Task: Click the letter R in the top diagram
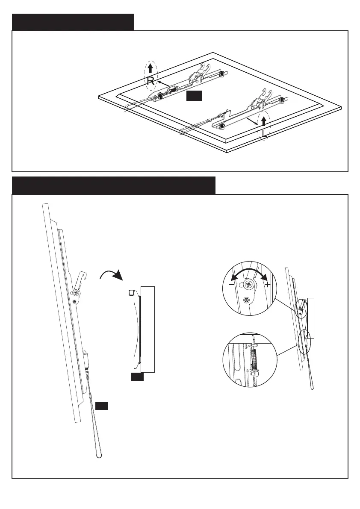[x=150, y=81]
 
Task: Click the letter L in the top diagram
[x=265, y=134]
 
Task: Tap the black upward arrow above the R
[x=150, y=68]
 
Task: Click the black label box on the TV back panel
[x=194, y=96]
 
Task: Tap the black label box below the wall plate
[x=137, y=377]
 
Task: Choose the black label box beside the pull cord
[x=101, y=406]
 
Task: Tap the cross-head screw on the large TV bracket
[x=75, y=293]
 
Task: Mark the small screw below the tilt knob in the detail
[x=247, y=300]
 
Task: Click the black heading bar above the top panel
[x=73, y=22]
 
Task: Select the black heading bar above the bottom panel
[x=113, y=185]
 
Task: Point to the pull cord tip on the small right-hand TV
[x=313, y=387]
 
